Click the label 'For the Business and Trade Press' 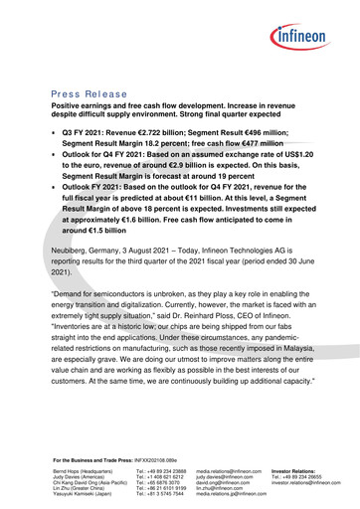click(96, 461)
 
